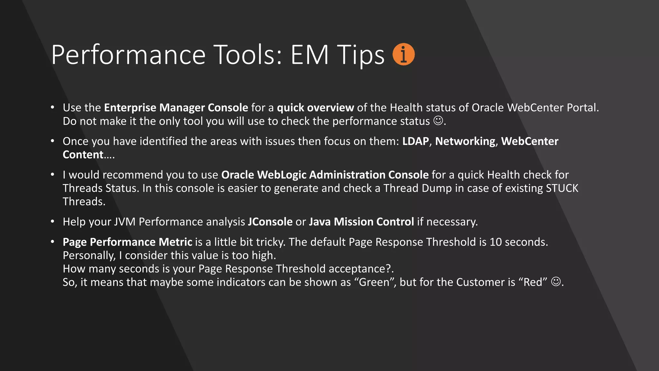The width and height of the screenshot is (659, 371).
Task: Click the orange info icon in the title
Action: pos(404,54)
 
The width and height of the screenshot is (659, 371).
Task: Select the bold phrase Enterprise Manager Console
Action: pos(176,108)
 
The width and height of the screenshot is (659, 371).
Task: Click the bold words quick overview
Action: pos(315,108)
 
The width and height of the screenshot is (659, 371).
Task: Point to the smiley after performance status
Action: pos(438,121)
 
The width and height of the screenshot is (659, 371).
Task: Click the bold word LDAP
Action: pos(415,141)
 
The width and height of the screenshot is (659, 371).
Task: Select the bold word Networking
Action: pos(465,141)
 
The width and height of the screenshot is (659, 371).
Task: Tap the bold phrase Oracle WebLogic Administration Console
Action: pos(325,175)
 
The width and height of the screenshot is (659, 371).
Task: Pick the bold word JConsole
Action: pos(270,222)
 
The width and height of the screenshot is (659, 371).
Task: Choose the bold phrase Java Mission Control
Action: pos(361,222)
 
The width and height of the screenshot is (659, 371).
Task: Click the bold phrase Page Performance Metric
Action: pos(127,242)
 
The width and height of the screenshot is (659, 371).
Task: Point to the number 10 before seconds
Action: pos(496,242)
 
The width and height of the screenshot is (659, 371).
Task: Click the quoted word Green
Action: pos(374,282)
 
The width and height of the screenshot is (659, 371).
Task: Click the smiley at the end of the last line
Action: pos(556,282)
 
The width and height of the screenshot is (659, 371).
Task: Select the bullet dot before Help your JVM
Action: pos(52,222)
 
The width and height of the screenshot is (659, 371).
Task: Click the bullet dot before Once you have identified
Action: pos(52,141)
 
